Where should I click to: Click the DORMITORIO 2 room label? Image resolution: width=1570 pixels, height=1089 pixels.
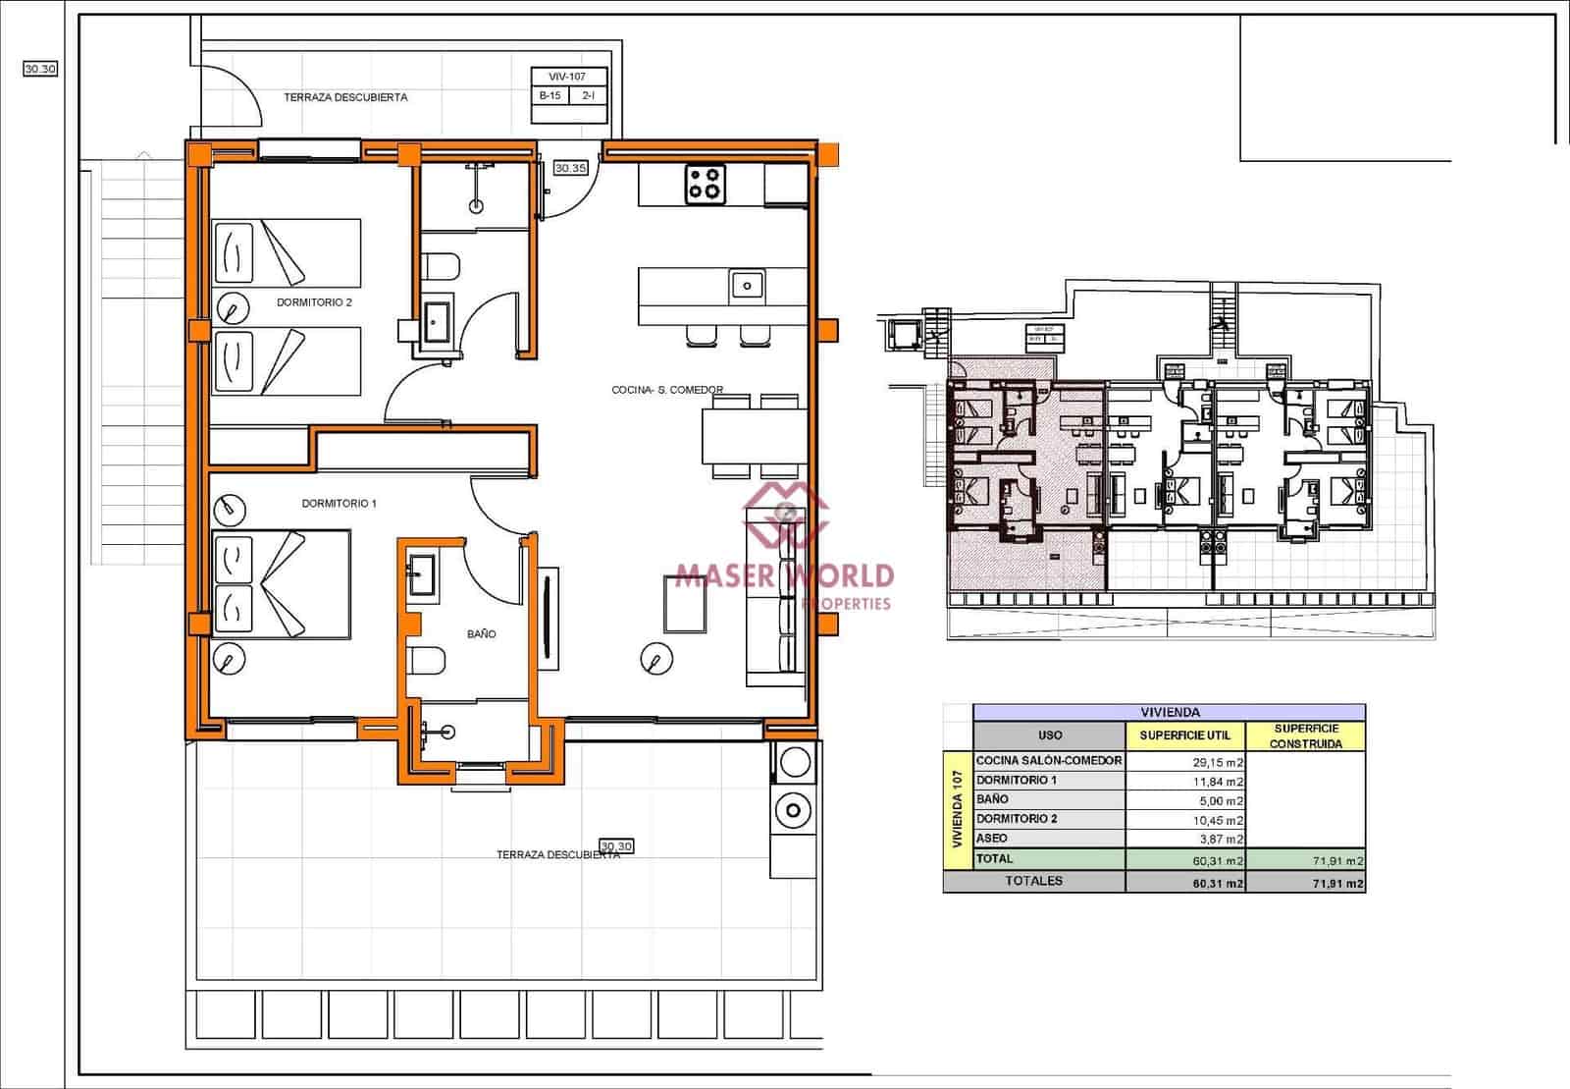click(314, 302)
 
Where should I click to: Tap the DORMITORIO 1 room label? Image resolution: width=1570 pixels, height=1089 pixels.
click(339, 504)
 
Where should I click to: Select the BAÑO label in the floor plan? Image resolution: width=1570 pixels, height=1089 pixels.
click(481, 634)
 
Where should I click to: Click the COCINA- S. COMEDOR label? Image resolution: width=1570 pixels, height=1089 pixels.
click(667, 390)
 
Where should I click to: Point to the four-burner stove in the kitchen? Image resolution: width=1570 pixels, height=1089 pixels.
click(706, 184)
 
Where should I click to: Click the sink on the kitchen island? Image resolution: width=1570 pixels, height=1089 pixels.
click(747, 286)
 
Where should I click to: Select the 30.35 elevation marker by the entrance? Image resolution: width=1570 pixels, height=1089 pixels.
click(570, 168)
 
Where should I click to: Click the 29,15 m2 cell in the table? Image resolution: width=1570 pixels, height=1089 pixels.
click(1185, 761)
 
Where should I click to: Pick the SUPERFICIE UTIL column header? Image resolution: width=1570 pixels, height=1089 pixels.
click(1184, 735)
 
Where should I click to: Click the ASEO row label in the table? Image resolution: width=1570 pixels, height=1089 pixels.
click(992, 839)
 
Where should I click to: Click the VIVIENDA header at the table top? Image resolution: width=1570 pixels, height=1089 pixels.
click(1170, 712)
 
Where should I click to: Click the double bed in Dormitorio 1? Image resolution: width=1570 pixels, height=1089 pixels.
click(282, 584)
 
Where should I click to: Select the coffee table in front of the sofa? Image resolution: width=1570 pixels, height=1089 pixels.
click(685, 602)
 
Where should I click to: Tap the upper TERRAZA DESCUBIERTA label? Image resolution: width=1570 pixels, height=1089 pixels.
click(345, 97)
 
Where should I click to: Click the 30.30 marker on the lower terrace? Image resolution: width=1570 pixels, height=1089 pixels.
click(616, 845)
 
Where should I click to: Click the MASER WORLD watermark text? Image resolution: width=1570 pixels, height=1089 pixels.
click(785, 574)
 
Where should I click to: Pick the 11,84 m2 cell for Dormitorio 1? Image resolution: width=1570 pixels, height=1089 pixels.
click(1185, 781)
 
